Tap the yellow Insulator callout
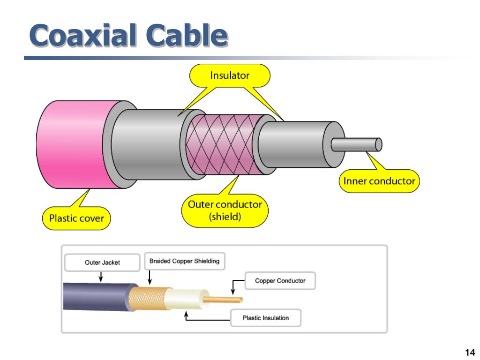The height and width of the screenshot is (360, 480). (230, 75)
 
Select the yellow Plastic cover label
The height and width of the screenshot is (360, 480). (77, 218)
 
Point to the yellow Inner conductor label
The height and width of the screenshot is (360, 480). (379, 181)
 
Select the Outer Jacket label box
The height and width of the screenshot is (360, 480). (102, 262)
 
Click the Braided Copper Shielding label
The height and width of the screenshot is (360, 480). (184, 261)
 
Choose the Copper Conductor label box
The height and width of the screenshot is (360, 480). (280, 281)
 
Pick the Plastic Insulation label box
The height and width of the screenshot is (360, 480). (265, 318)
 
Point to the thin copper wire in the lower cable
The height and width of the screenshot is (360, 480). (225, 299)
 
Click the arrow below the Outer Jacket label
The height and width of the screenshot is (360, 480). (101, 277)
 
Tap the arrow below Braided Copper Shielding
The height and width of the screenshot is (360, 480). (150, 278)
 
